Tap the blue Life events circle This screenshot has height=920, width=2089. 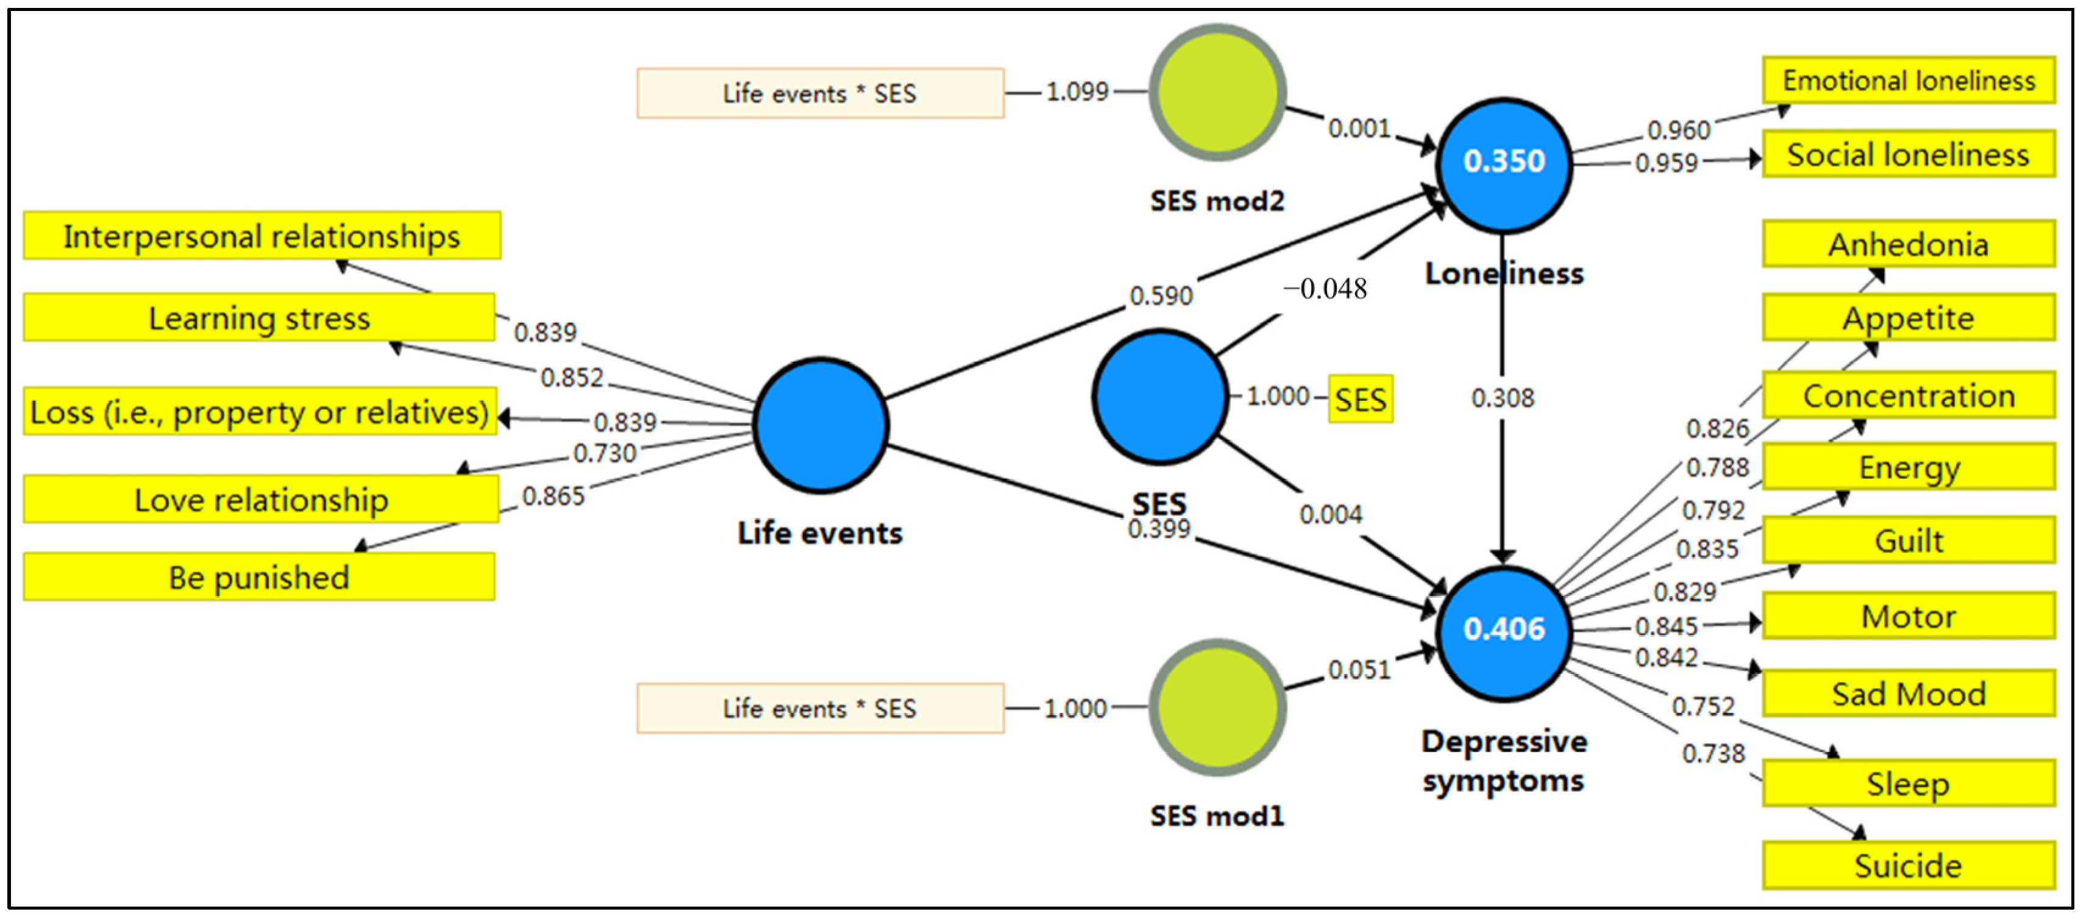point(820,424)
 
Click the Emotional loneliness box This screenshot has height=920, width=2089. point(1907,81)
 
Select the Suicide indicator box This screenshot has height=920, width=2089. point(1907,865)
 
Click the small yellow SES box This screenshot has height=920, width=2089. point(1360,399)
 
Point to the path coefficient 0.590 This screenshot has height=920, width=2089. point(1161,295)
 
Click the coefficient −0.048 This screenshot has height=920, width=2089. point(1325,289)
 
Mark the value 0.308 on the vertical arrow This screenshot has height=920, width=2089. point(1502,398)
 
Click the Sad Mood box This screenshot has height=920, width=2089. point(1907,694)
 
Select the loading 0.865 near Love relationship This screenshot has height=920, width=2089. point(553,496)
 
